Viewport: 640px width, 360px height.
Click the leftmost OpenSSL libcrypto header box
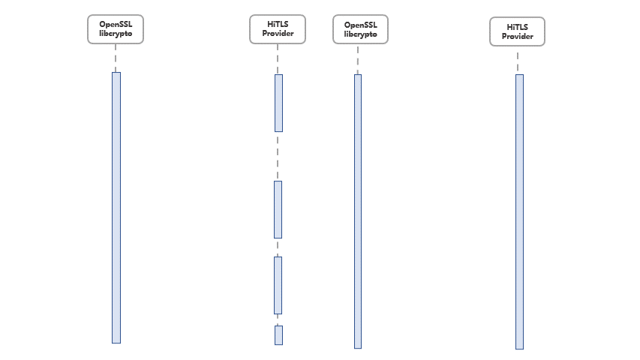click(116, 29)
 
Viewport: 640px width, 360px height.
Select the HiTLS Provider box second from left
click(278, 29)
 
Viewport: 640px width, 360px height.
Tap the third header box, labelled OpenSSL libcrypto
click(360, 29)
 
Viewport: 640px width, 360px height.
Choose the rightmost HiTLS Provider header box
click(517, 31)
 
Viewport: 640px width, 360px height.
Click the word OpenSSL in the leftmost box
click(116, 25)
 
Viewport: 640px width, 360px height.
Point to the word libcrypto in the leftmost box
click(116, 34)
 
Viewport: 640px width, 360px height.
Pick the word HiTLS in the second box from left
click(278, 24)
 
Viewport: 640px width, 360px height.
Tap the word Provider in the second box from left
click(278, 34)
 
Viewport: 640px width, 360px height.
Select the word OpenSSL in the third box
click(360, 25)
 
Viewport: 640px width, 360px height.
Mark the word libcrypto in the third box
click(360, 34)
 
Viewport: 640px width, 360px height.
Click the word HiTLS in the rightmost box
click(517, 27)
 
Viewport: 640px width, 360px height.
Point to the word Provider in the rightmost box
click(517, 36)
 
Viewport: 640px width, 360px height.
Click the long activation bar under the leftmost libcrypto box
click(116, 208)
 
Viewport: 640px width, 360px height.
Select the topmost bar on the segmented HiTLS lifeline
click(279, 103)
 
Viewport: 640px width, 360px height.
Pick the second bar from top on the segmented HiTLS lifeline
click(278, 209)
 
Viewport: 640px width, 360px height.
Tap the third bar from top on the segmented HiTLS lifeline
click(278, 285)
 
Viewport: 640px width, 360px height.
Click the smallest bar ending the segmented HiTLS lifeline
click(279, 335)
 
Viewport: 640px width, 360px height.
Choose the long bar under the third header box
click(358, 211)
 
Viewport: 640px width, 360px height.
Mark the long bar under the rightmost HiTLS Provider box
click(519, 211)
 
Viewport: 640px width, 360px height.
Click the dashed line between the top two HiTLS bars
click(278, 156)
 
